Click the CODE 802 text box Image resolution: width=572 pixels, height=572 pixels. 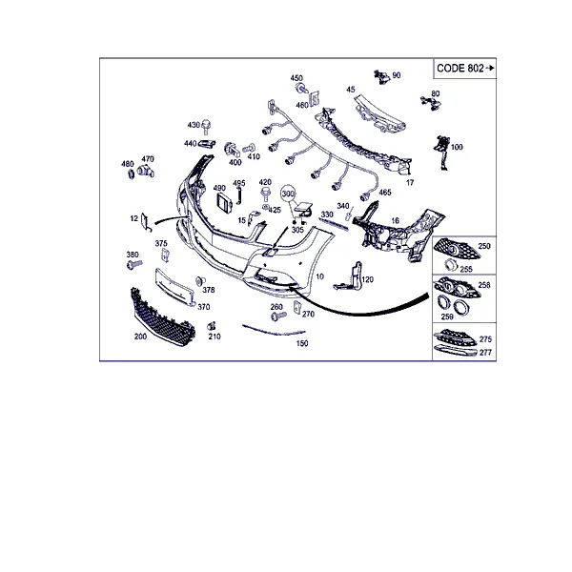point(465,69)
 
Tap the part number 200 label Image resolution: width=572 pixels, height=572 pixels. point(140,337)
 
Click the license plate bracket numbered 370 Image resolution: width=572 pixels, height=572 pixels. point(174,287)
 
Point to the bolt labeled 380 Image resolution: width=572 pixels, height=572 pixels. point(134,264)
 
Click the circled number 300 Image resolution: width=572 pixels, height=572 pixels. point(288,194)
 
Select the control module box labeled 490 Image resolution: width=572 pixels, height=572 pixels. point(224,203)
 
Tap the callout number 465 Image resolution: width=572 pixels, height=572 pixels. point(385,193)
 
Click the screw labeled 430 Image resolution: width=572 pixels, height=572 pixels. point(207,127)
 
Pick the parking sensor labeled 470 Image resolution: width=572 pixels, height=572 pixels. point(146,170)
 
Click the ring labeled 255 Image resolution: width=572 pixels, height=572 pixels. point(451,264)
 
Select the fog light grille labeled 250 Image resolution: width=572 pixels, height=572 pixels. point(456,249)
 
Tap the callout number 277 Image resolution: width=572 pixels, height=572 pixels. point(485,353)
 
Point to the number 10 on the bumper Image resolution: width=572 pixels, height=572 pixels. point(319,276)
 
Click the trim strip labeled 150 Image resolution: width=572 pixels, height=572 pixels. point(274,331)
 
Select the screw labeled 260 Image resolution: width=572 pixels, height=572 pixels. point(278,317)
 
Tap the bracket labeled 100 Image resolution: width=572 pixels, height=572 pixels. point(442,153)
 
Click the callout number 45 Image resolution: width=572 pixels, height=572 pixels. point(351,90)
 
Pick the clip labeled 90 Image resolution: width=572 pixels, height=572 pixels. point(381,76)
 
